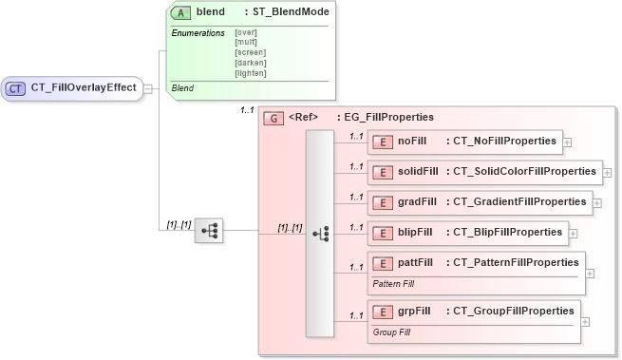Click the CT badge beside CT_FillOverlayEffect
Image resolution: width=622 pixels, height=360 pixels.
click(x=16, y=88)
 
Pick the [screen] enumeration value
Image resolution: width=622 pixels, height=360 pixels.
click(x=251, y=51)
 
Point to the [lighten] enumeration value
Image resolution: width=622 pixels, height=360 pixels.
click(x=251, y=72)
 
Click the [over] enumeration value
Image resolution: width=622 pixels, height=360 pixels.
click(x=246, y=32)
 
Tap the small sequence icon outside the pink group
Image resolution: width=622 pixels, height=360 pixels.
click(x=208, y=230)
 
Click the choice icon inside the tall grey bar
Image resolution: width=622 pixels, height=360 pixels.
click(x=319, y=231)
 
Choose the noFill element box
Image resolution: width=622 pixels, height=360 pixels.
click(x=465, y=142)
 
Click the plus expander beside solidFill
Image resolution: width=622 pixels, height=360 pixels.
click(x=607, y=173)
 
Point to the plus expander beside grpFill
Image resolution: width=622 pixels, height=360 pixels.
click(x=585, y=321)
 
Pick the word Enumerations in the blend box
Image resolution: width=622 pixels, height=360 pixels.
click(x=198, y=33)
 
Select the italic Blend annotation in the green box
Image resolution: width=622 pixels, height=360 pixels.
click(x=182, y=88)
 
